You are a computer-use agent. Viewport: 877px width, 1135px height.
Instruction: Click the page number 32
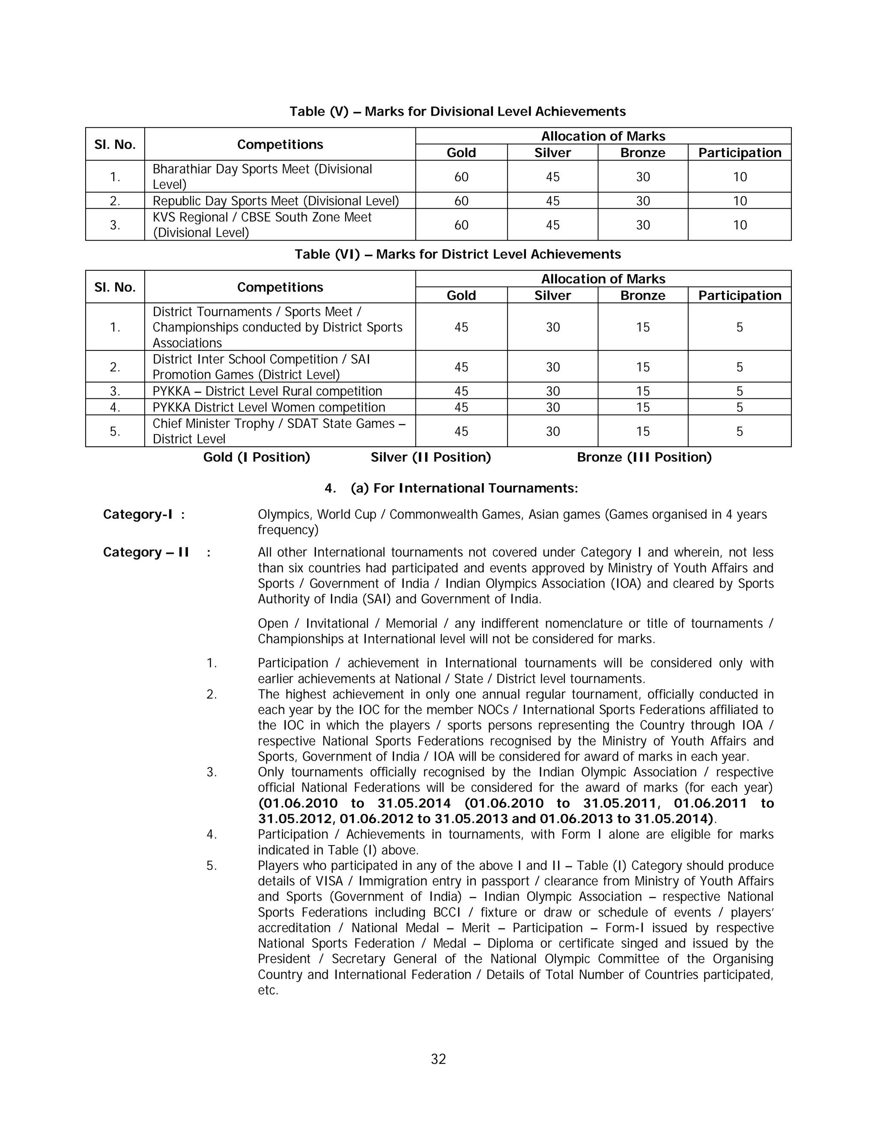[438, 1059]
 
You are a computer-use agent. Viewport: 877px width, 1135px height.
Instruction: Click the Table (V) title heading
[457, 112]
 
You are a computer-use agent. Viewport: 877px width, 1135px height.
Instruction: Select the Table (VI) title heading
[457, 254]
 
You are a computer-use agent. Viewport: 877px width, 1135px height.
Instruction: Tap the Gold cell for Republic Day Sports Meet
[461, 201]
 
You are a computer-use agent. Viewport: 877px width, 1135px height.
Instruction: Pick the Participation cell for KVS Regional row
[739, 225]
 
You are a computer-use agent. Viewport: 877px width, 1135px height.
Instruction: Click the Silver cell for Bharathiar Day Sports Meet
[552, 177]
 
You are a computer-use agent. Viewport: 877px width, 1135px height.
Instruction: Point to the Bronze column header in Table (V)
[643, 153]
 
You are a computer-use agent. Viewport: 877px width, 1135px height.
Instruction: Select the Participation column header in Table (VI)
[739, 296]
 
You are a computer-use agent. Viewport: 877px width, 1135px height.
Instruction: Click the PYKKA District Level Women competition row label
[268, 407]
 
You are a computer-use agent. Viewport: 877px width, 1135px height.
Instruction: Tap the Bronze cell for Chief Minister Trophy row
[643, 431]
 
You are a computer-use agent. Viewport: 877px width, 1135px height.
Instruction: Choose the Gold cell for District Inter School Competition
[461, 367]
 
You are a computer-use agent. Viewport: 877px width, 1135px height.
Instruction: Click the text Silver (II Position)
[430, 457]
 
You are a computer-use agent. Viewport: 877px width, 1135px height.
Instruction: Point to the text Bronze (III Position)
[644, 457]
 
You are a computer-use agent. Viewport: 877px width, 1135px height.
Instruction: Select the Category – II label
[146, 553]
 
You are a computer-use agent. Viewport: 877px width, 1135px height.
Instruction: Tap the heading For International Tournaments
[464, 489]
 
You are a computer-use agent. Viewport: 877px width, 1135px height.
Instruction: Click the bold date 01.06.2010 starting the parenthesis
[298, 803]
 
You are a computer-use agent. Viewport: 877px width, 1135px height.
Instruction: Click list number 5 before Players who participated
[211, 866]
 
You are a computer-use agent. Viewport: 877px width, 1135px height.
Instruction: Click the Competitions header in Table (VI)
[280, 287]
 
